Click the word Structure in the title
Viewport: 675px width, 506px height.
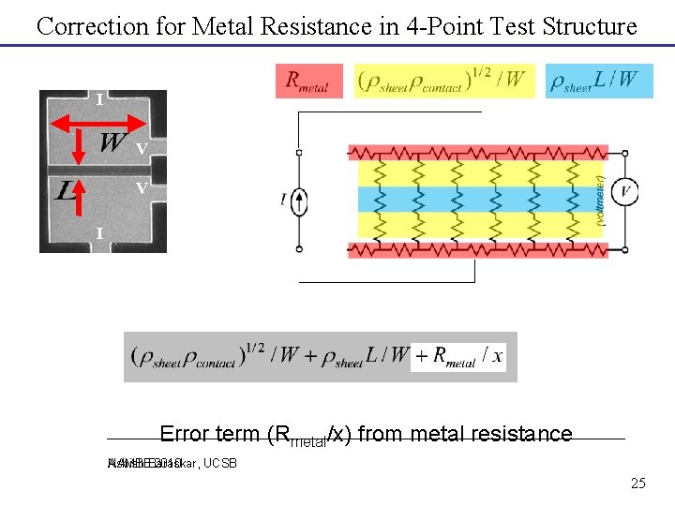(x=588, y=26)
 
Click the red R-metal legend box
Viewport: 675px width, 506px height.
(x=308, y=82)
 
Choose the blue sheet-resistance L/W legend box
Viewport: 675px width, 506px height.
(x=599, y=82)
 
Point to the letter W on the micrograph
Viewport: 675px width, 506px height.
(x=112, y=143)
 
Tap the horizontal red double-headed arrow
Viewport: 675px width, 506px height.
(x=99, y=119)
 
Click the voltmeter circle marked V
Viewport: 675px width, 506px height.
(x=626, y=192)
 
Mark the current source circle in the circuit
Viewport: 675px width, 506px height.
(x=298, y=200)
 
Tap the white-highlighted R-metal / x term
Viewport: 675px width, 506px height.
(x=458, y=357)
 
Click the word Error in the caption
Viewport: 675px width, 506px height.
(x=184, y=434)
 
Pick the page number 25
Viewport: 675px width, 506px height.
(x=637, y=484)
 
